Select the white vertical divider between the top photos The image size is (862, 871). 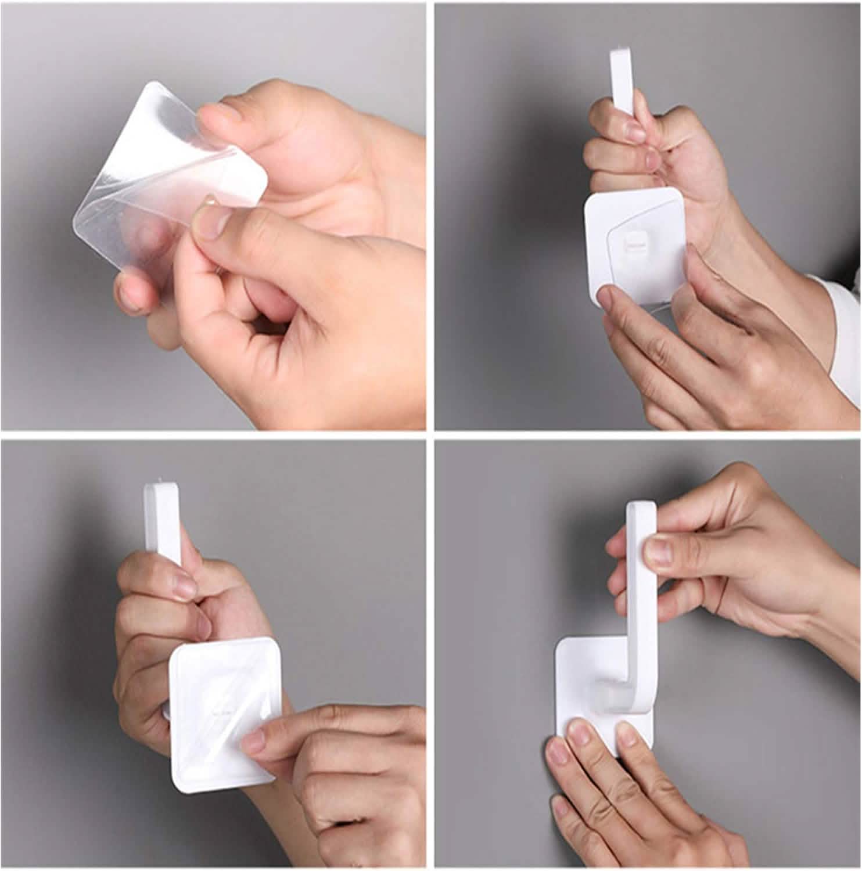430,215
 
